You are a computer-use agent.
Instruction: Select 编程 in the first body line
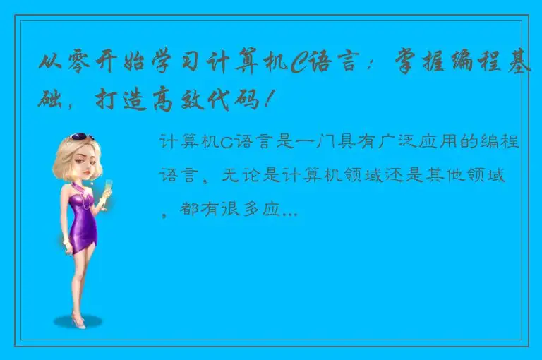pyautogui.click(x=483, y=143)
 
